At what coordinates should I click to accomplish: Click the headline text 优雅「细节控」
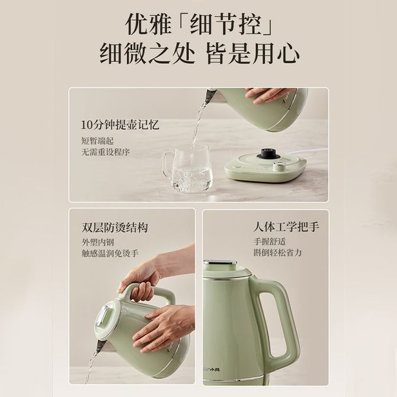[198, 24]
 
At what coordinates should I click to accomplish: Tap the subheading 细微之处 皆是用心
[198, 54]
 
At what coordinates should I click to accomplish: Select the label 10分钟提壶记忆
[120, 125]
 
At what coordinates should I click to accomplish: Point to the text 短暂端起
[97, 140]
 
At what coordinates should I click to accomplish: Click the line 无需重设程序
[105, 152]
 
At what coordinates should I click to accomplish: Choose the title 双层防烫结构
[114, 228]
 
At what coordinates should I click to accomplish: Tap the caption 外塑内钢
[98, 242]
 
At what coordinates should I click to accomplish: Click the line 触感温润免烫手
[110, 253]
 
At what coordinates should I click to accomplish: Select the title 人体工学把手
[286, 227]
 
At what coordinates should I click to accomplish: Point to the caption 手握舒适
[270, 241]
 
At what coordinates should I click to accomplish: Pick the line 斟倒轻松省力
[277, 252]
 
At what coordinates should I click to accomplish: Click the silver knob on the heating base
[278, 166]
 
